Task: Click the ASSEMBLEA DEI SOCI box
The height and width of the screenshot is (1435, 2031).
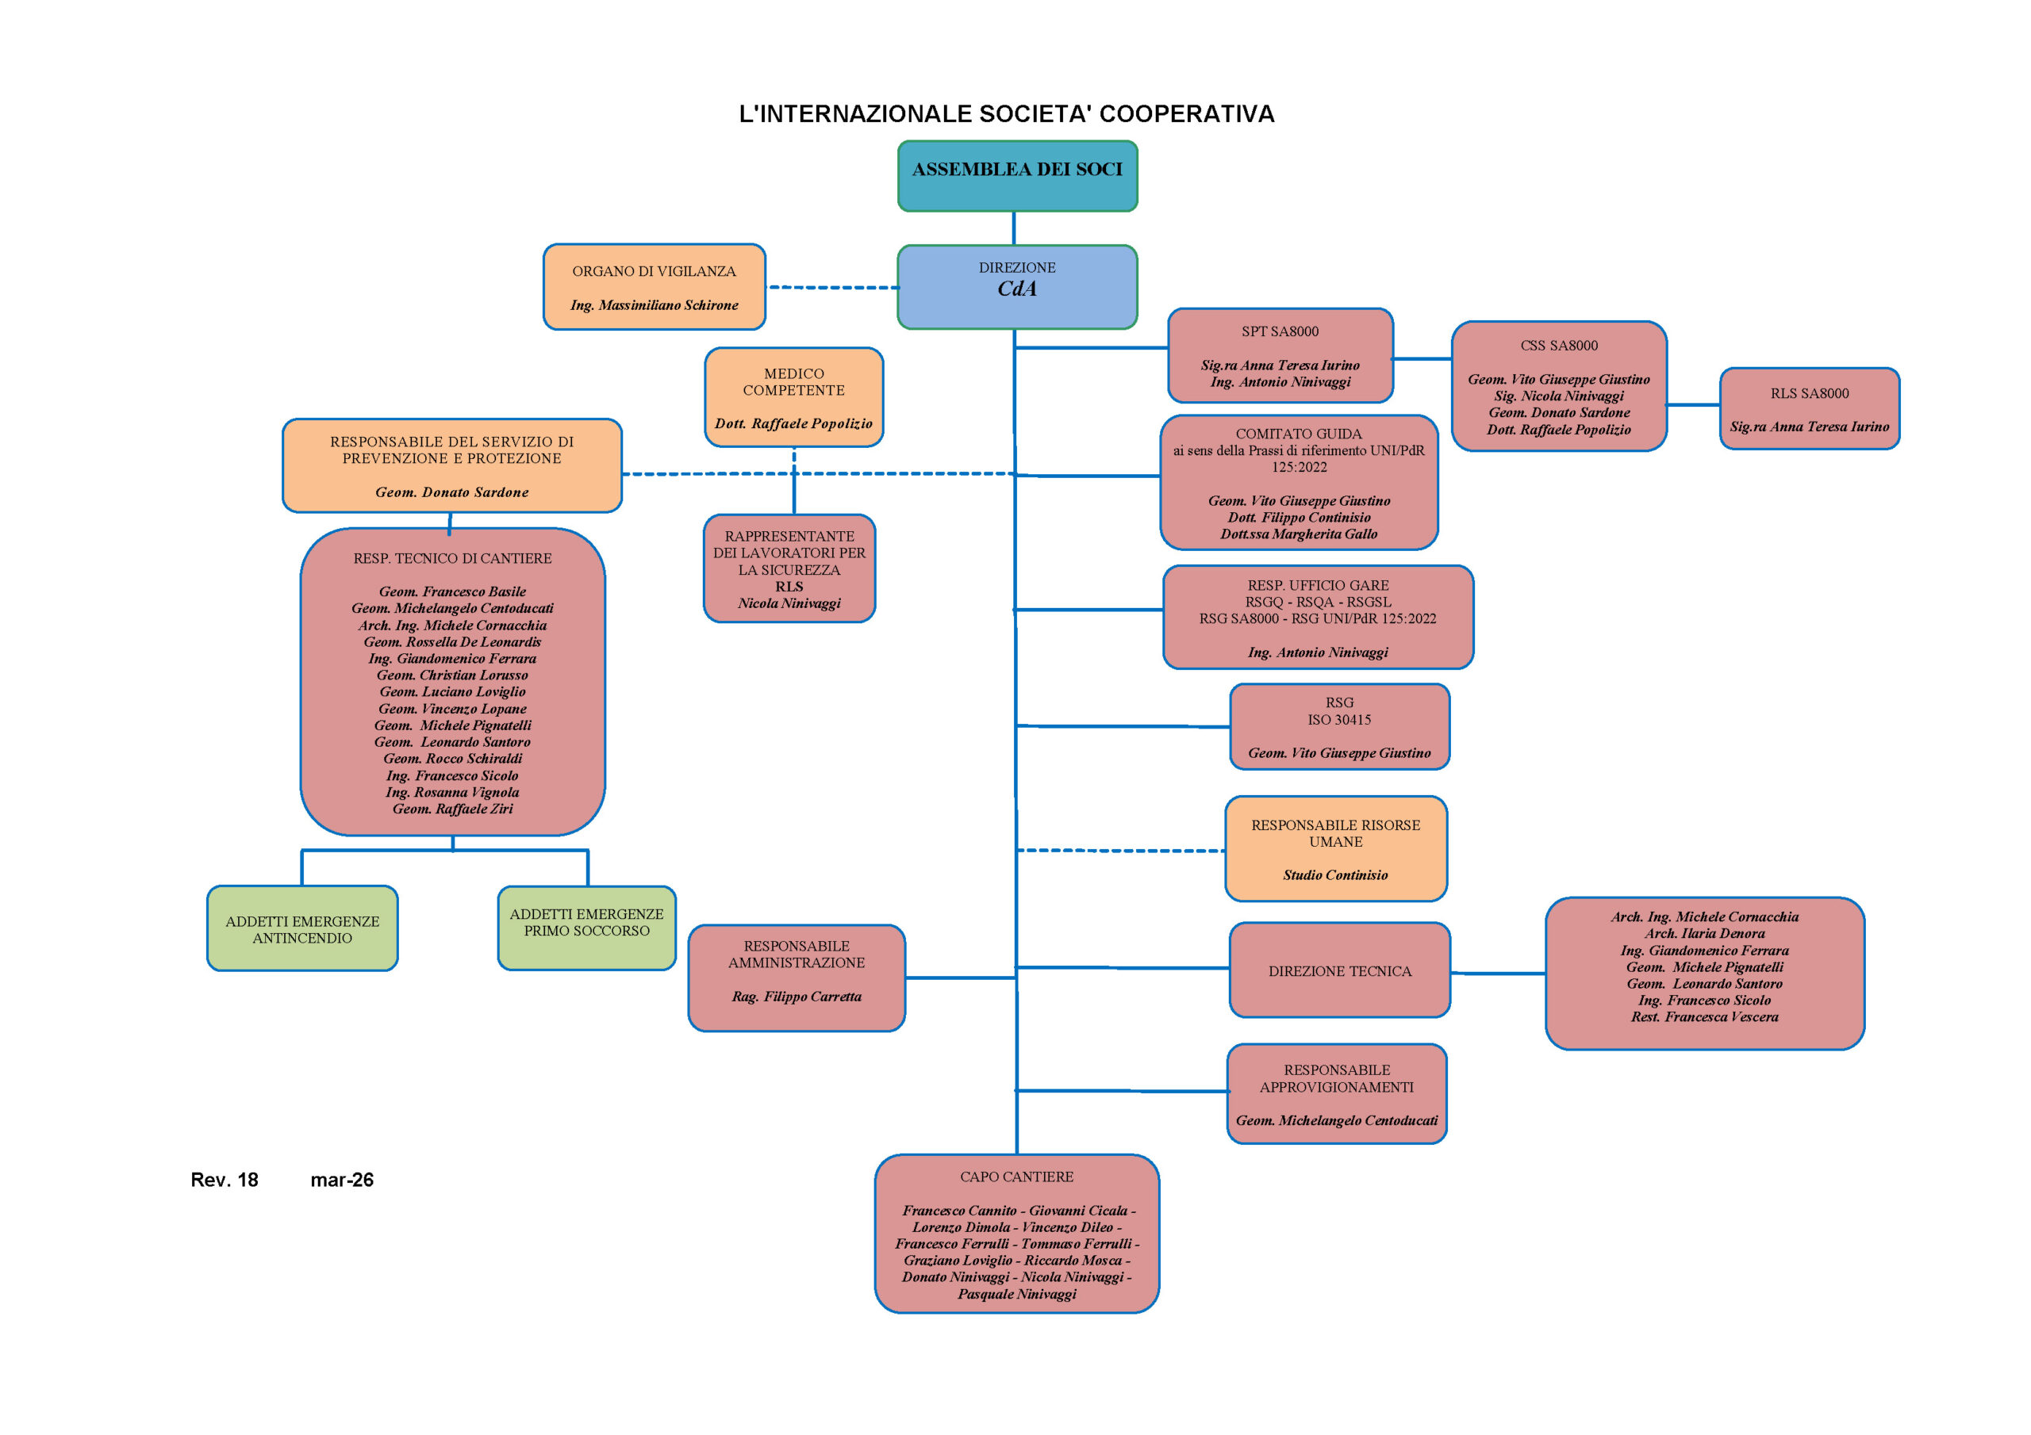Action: (1017, 176)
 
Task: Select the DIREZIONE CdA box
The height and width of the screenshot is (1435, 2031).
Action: (1017, 286)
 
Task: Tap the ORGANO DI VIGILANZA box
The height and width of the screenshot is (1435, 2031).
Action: (654, 286)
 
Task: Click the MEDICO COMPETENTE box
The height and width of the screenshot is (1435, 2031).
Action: (793, 397)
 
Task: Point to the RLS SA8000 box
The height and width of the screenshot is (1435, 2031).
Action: (1809, 408)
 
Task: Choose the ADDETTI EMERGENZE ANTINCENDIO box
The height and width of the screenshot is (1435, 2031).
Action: (302, 928)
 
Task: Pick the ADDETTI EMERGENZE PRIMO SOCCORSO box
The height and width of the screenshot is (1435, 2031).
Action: (586, 928)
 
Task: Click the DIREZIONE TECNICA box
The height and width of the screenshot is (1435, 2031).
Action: (1339, 971)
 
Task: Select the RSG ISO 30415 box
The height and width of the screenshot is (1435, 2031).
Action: (1339, 726)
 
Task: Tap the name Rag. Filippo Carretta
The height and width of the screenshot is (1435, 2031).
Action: (796, 997)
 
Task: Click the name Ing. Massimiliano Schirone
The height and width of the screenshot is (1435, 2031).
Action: (654, 305)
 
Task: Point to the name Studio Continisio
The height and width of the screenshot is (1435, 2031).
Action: (1335, 875)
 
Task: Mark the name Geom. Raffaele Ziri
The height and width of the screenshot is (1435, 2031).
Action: (452, 809)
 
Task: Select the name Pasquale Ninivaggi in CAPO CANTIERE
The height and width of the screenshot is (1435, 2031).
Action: (1016, 1295)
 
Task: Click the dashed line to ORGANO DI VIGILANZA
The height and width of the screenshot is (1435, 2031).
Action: (831, 287)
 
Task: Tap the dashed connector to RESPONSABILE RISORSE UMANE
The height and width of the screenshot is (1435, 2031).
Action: (1121, 851)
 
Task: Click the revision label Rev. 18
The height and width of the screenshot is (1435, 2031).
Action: (225, 1180)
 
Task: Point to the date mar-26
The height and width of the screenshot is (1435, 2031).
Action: (341, 1180)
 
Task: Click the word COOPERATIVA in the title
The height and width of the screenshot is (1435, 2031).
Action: (1185, 114)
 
